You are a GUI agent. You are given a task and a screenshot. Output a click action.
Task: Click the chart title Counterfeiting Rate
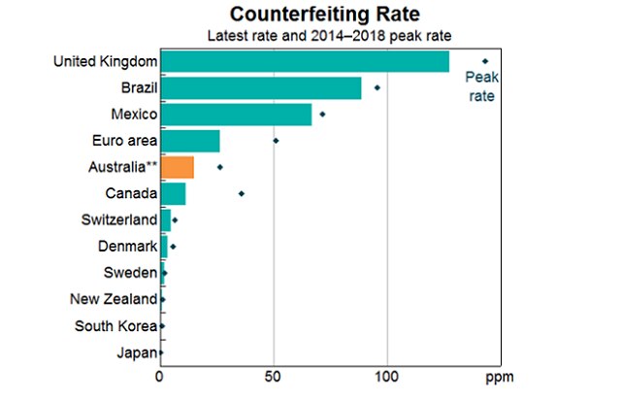[311, 16]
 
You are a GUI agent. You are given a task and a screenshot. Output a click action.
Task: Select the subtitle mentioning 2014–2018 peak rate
[311, 36]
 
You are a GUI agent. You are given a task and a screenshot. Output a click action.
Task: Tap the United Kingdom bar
[304, 62]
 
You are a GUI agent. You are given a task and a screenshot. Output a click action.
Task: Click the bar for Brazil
[260, 88]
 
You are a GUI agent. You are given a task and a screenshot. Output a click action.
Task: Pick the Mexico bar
[236, 115]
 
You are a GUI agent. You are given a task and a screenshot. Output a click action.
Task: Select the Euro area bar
[190, 141]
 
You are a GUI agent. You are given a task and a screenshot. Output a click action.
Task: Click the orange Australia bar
[177, 167]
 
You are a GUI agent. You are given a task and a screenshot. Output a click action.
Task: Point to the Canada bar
[173, 193]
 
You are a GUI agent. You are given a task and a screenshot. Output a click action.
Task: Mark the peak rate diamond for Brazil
[377, 88]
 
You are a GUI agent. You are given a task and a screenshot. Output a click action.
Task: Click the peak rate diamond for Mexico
[322, 115]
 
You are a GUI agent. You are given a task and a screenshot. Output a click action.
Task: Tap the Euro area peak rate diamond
[276, 141]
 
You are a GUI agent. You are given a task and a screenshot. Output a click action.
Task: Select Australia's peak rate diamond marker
[220, 167]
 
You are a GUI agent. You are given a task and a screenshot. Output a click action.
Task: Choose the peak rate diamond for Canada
[242, 193]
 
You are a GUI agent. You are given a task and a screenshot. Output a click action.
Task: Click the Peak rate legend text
[482, 87]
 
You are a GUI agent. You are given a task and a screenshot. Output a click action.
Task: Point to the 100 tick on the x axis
[387, 375]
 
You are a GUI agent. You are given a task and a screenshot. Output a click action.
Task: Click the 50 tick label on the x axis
[274, 375]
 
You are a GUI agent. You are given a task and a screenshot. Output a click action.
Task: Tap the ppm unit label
[499, 375]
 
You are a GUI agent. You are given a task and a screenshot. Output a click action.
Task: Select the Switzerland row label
[119, 219]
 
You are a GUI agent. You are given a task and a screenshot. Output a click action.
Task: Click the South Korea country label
[115, 325]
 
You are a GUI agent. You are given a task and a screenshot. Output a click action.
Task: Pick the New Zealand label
[114, 299]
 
